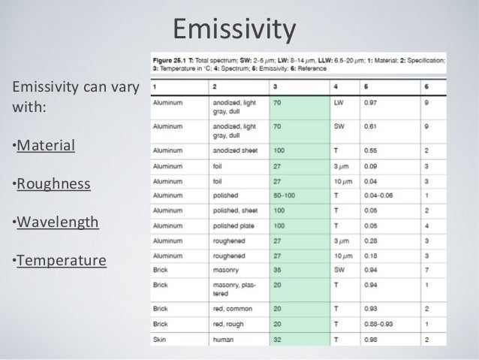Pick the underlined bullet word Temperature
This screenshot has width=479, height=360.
coord(62,262)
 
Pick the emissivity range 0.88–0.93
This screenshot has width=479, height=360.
coord(381,324)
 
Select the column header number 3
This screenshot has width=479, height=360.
coord(275,85)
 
